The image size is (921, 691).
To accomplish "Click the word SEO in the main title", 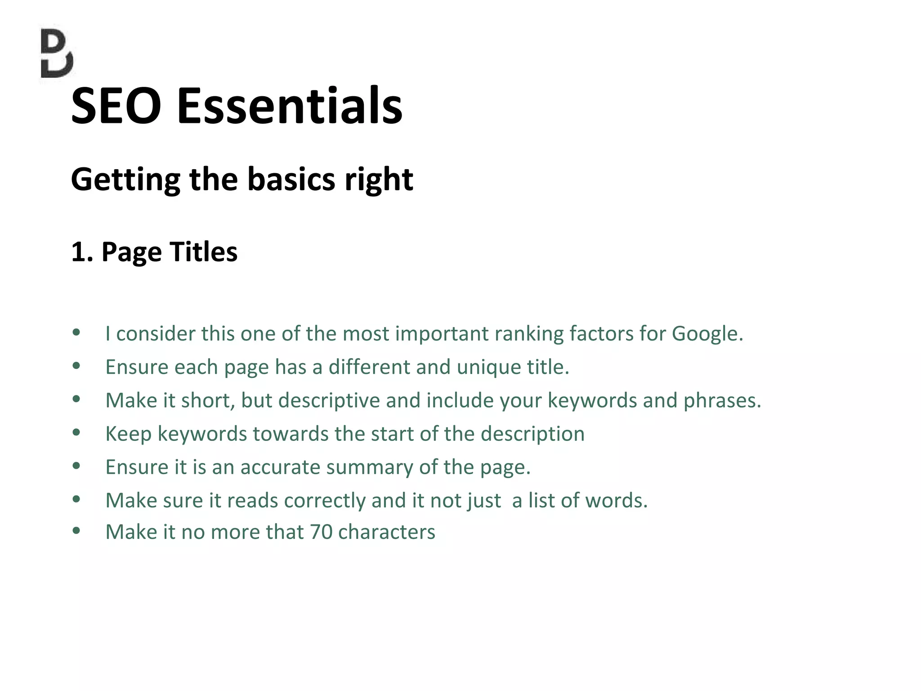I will pyautogui.click(x=116, y=106).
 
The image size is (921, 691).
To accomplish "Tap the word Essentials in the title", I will pyautogui.click(x=290, y=106).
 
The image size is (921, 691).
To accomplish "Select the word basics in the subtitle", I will pyautogui.click(x=291, y=179).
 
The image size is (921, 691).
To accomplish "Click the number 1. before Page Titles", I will pyautogui.click(x=82, y=251).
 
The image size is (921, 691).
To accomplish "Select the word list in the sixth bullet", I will pyautogui.click(x=539, y=500).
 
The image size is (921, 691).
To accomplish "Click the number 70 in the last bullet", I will pyautogui.click(x=321, y=532).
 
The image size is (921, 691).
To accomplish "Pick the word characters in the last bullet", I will pyautogui.click(x=386, y=532).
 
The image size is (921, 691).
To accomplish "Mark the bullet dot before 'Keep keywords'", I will pyautogui.click(x=76, y=433).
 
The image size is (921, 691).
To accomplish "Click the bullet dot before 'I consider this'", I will pyautogui.click(x=76, y=333).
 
